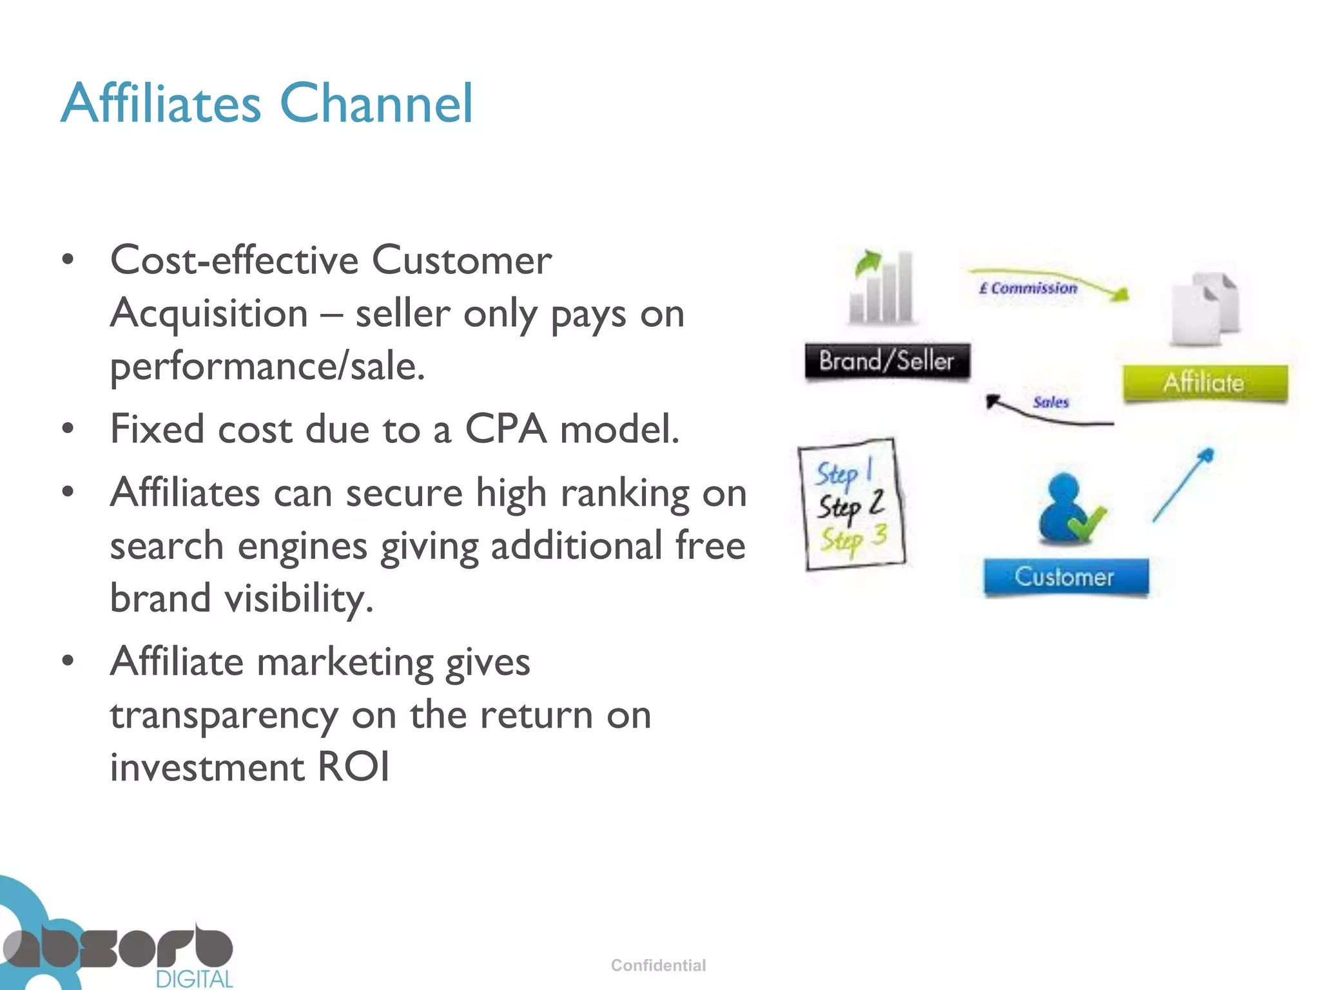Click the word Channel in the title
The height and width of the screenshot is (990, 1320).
coord(376,103)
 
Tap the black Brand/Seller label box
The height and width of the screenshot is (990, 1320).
coord(887,361)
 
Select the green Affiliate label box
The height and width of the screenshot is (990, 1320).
coord(1205,383)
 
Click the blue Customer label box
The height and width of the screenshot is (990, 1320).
coord(1065,576)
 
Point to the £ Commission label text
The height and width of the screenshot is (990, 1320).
coord(1028,288)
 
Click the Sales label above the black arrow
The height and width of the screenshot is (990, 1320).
coord(1051,402)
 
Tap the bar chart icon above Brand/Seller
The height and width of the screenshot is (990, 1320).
coord(882,287)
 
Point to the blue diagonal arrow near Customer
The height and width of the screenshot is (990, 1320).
coord(1183,485)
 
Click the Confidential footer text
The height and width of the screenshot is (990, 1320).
coord(658,965)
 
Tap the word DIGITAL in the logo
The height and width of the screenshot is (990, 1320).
coord(194,978)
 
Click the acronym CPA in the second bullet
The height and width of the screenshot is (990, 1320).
coord(506,429)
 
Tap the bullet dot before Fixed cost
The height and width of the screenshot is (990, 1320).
coord(68,429)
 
